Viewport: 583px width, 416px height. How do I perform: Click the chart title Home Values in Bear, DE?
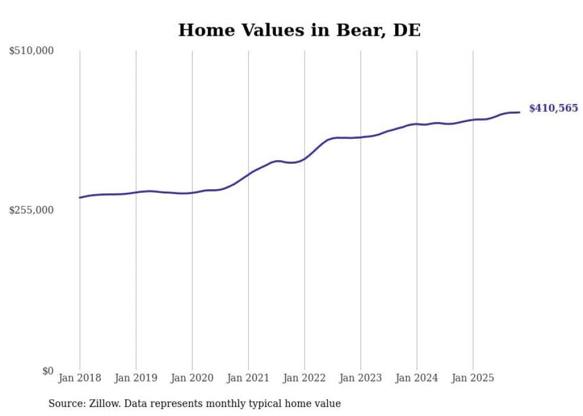299,30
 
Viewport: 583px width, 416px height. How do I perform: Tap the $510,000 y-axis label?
32,51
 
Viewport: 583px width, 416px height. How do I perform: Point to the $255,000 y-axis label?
32,210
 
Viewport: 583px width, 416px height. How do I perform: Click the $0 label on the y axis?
48,371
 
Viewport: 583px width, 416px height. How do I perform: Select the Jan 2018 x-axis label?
80,378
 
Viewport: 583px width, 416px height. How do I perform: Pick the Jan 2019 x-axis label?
136,378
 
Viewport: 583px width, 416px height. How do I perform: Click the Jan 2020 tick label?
192,378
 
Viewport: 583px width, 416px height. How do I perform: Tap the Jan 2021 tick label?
248,378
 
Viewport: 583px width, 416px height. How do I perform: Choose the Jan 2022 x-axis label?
305,378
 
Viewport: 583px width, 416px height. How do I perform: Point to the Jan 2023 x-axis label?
361,378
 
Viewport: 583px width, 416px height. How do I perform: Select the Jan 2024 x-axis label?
416,378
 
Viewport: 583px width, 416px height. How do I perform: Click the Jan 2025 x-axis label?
473,378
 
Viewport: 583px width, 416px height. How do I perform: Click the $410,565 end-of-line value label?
553,108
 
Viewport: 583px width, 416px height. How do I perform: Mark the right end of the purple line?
519,112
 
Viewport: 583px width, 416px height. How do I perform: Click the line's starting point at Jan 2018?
80,198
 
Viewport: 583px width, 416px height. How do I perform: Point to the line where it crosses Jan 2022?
305,158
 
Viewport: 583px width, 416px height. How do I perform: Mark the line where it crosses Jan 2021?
248,173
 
